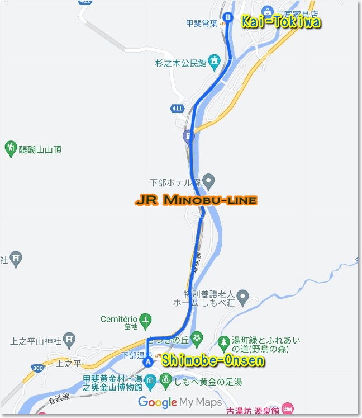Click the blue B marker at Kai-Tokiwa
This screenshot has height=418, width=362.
[x=227, y=17]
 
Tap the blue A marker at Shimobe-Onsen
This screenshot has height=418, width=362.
[x=148, y=362]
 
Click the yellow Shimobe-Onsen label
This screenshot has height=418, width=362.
[x=213, y=361]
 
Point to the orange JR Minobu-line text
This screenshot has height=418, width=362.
[x=196, y=200]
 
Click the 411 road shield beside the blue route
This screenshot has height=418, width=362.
[x=178, y=108]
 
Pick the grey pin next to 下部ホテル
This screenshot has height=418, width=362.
[x=208, y=180]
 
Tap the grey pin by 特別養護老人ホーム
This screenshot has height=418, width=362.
[x=242, y=295]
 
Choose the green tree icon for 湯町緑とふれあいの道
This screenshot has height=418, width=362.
[x=223, y=341]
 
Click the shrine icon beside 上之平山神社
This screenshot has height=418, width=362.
[x=69, y=339]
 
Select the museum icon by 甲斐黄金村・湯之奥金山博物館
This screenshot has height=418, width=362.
[x=150, y=382]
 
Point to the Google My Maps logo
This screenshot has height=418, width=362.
[x=180, y=402]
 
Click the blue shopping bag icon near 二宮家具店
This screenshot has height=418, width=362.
[x=267, y=11]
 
